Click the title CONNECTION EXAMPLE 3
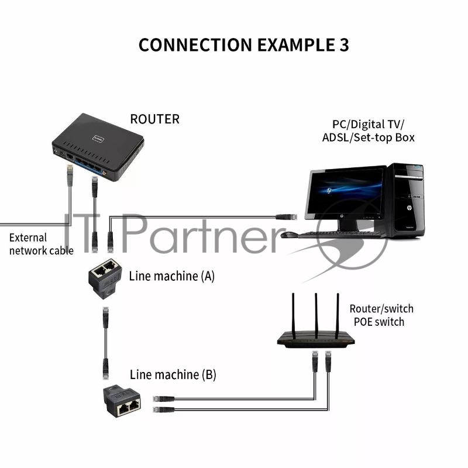point(243,45)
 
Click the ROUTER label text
point(154,119)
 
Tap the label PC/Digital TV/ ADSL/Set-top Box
point(368,130)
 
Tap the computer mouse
point(288,235)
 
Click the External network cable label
point(41,245)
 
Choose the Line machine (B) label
point(173,374)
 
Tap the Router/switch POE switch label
point(381,315)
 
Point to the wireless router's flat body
point(316,340)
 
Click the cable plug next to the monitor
point(286,216)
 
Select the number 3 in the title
point(344,45)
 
